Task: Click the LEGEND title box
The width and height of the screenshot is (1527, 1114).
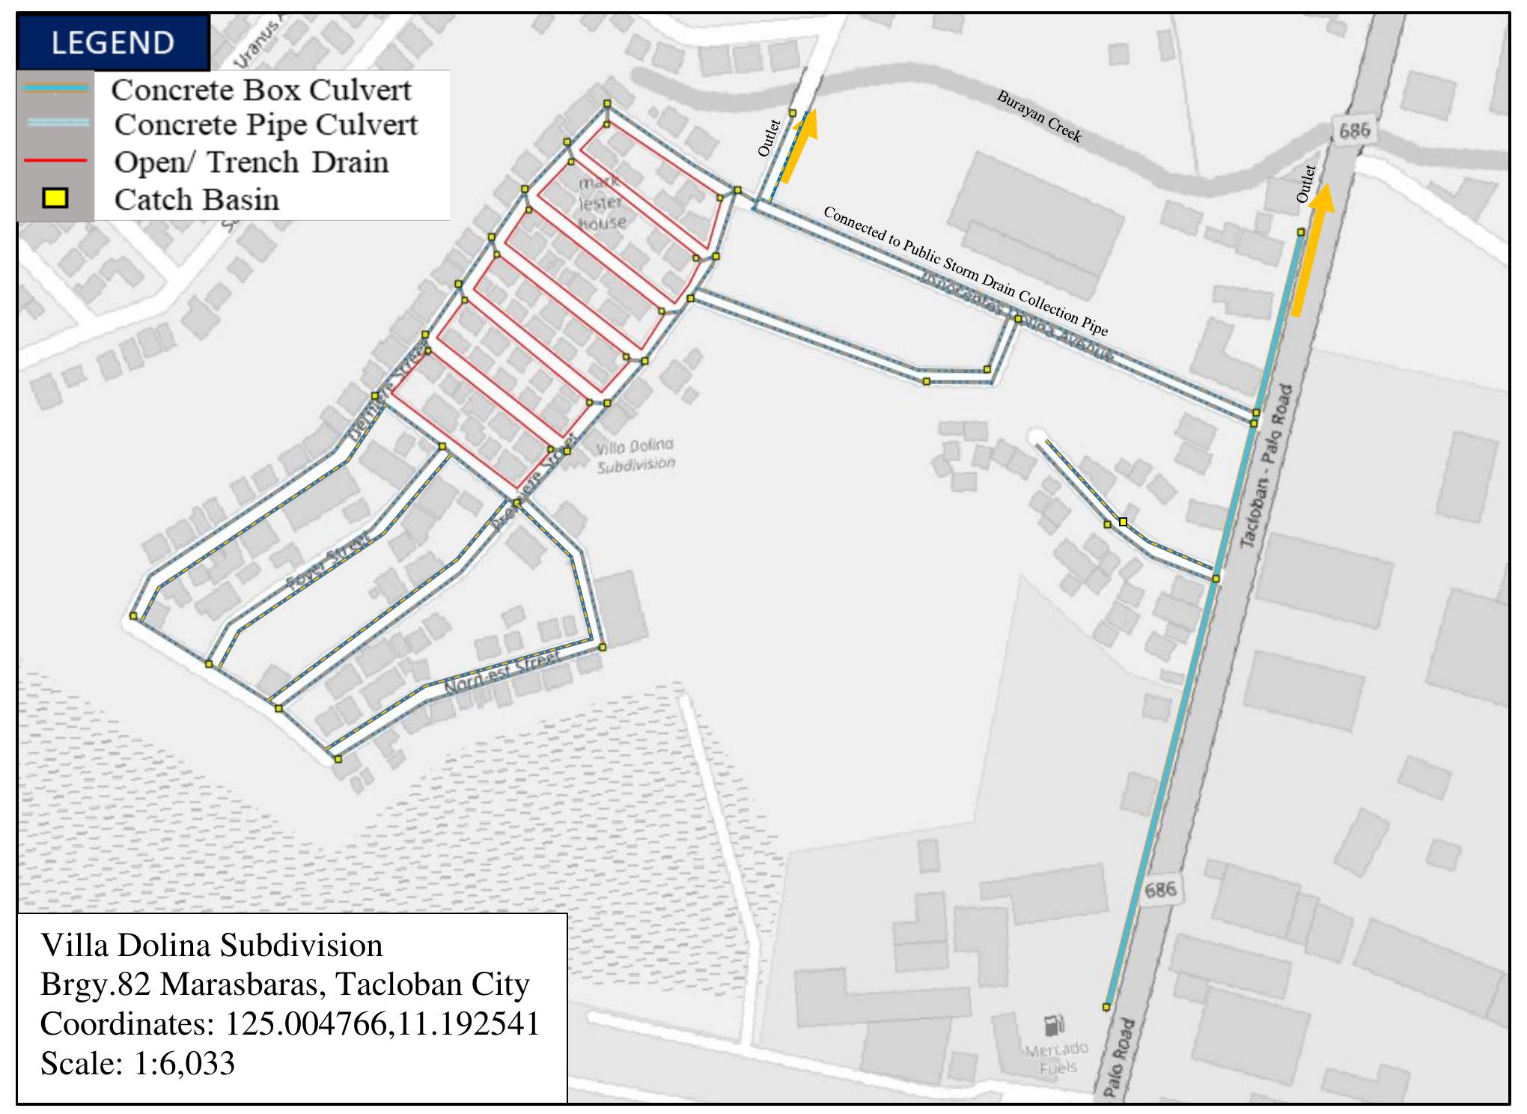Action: point(112,42)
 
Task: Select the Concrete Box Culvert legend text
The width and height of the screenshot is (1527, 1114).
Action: point(261,90)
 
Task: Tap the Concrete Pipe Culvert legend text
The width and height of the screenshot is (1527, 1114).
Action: point(266,125)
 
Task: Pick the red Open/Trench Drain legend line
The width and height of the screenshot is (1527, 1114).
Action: point(55,161)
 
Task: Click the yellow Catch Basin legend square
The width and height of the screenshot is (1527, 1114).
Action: point(55,198)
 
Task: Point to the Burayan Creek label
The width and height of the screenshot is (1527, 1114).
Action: point(1039,116)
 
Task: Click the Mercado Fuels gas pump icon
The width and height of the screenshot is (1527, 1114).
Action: point(1054,1024)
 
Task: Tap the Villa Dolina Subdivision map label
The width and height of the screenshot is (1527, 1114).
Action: point(635,455)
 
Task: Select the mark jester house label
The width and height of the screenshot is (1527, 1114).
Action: point(601,202)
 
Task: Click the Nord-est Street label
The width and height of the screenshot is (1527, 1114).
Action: point(502,672)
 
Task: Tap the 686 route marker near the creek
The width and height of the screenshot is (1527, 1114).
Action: point(1354,132)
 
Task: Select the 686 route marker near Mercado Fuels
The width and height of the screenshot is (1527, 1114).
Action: point(1160,889)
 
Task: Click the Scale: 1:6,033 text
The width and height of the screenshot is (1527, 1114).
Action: point(138,1063)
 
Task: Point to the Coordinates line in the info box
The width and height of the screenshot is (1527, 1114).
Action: point(290,1023)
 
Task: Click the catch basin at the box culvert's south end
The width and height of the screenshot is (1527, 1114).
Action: point(1106,1007)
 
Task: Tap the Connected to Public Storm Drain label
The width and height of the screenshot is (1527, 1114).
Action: point(965,271)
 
